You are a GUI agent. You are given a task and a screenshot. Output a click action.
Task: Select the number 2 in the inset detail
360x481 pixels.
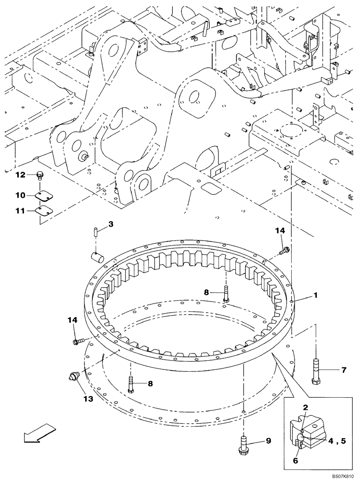[305, 408]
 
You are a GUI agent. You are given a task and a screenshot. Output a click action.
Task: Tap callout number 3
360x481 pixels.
[110, 225]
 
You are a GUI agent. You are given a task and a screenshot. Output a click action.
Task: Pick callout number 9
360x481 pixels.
[267, 442]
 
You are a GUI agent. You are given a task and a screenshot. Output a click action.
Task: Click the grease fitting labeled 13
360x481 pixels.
[75, 378]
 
